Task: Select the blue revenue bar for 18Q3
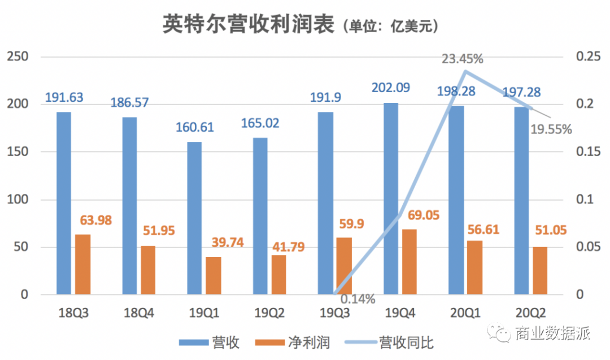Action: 64,203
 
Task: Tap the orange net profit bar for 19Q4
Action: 409,262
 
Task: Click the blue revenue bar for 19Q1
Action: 195,218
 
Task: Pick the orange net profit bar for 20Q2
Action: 540,270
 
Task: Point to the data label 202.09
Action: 391,88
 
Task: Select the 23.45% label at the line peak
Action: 463,58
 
